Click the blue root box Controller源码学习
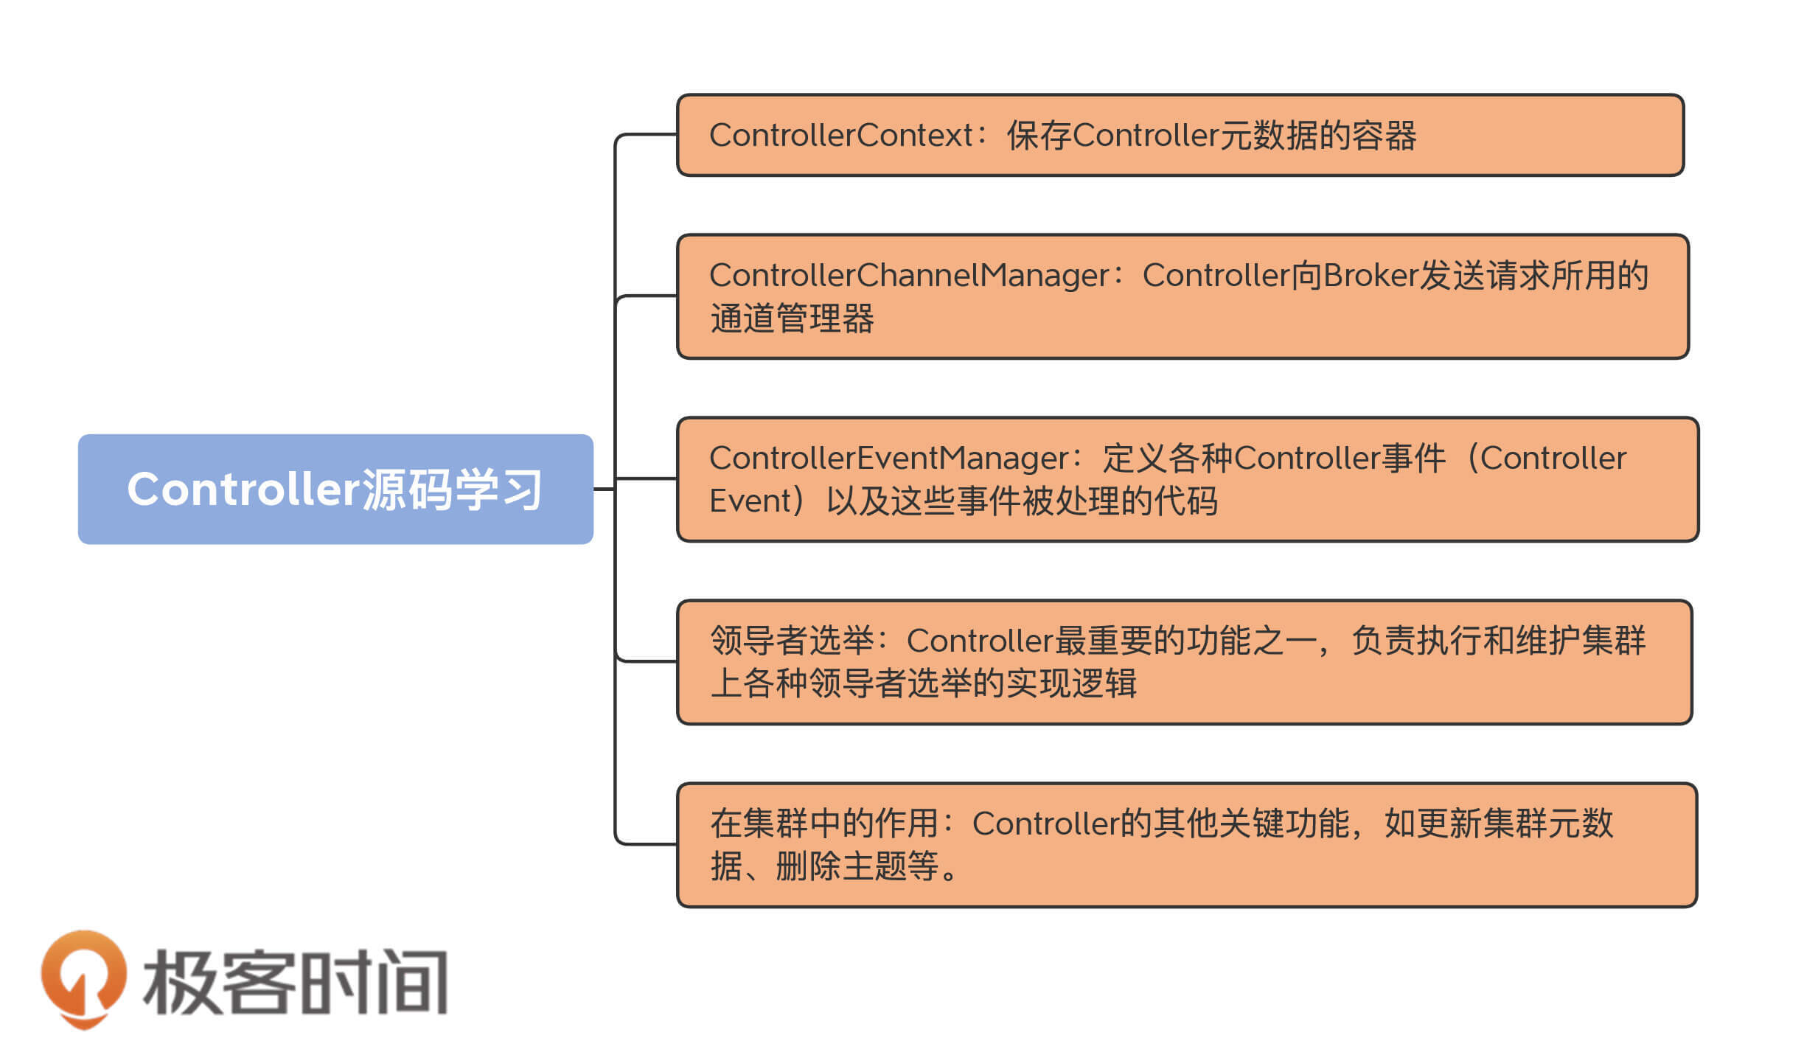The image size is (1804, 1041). coord(335,489)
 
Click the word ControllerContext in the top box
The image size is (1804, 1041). coord(841,136)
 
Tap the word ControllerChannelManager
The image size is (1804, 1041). coord(909,276)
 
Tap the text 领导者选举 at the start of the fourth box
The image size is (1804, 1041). coord(792,641)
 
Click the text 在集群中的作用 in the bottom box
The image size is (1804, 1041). coord(824,824)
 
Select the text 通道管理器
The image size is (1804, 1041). coord(792,319)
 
